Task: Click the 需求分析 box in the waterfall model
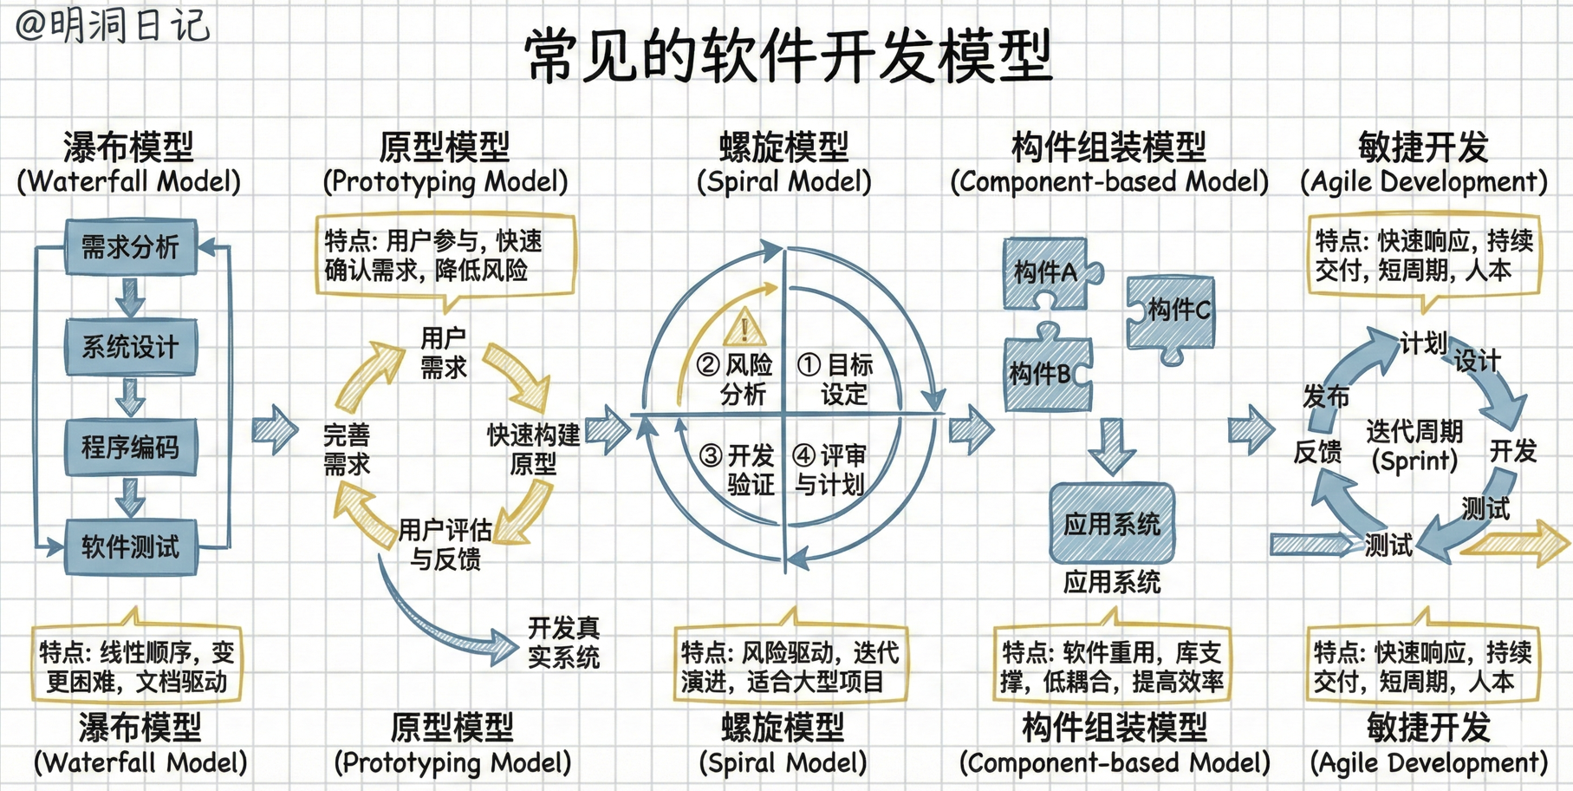coord(131,247)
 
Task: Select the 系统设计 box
coord(131,347)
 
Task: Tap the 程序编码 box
coord(131,447)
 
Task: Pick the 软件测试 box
coord(131,546)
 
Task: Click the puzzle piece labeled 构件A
coord(1047,273)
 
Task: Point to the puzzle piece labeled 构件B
coord(1045,373)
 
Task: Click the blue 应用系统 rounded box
coord(1112,523)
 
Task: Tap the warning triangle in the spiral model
coord(744,328)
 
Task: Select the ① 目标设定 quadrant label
coord(837,379)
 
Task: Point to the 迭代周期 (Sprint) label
coord(1414,445)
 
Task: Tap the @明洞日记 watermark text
coord(113,24)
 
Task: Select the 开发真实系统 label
coord(563,642)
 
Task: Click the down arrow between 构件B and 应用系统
coord(1112,445)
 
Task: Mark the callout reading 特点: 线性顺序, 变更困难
coord(137,666)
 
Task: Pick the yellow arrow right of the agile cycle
coord(1517,544)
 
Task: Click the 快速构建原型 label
coord(533,448)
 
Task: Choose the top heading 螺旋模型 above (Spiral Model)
coord(783,147)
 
